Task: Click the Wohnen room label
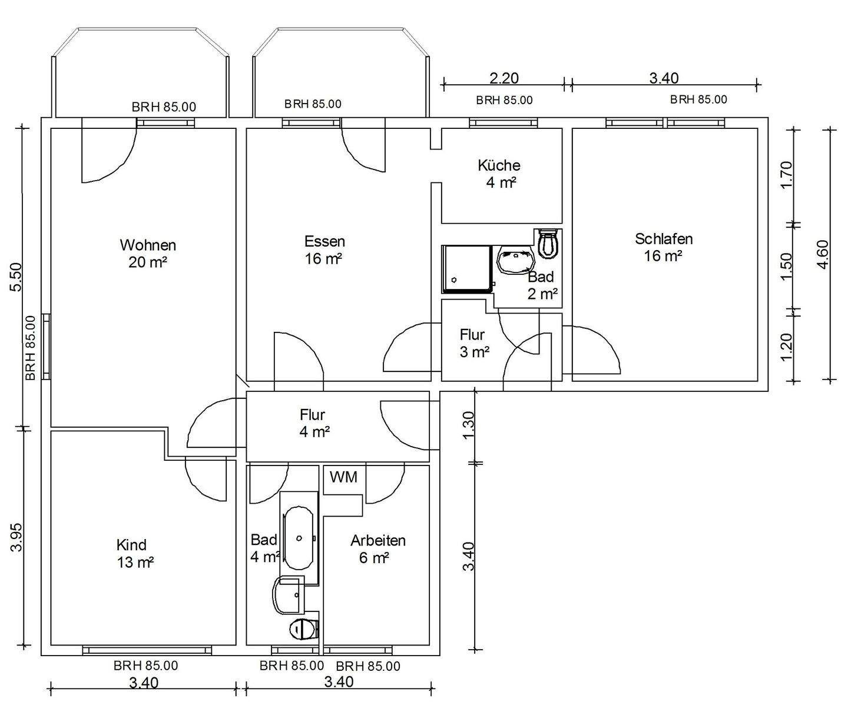click(148, 254)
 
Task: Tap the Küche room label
click(499, 174)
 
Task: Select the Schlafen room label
click(664, 247)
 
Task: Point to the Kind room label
click(134, 554)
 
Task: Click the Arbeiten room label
click(377, 549)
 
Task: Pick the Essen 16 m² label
click(324, 250)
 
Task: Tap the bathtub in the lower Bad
click(299, 538)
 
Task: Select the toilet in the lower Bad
click(304, 630)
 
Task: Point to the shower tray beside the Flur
click(466, 269)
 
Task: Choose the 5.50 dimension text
click(16, 277)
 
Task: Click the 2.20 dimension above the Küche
click(503, 78)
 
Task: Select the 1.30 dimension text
click(468, 425)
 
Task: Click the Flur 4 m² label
click(313, 423)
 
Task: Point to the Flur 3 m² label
click(474, 343)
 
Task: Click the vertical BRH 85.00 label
click(31, 348)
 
